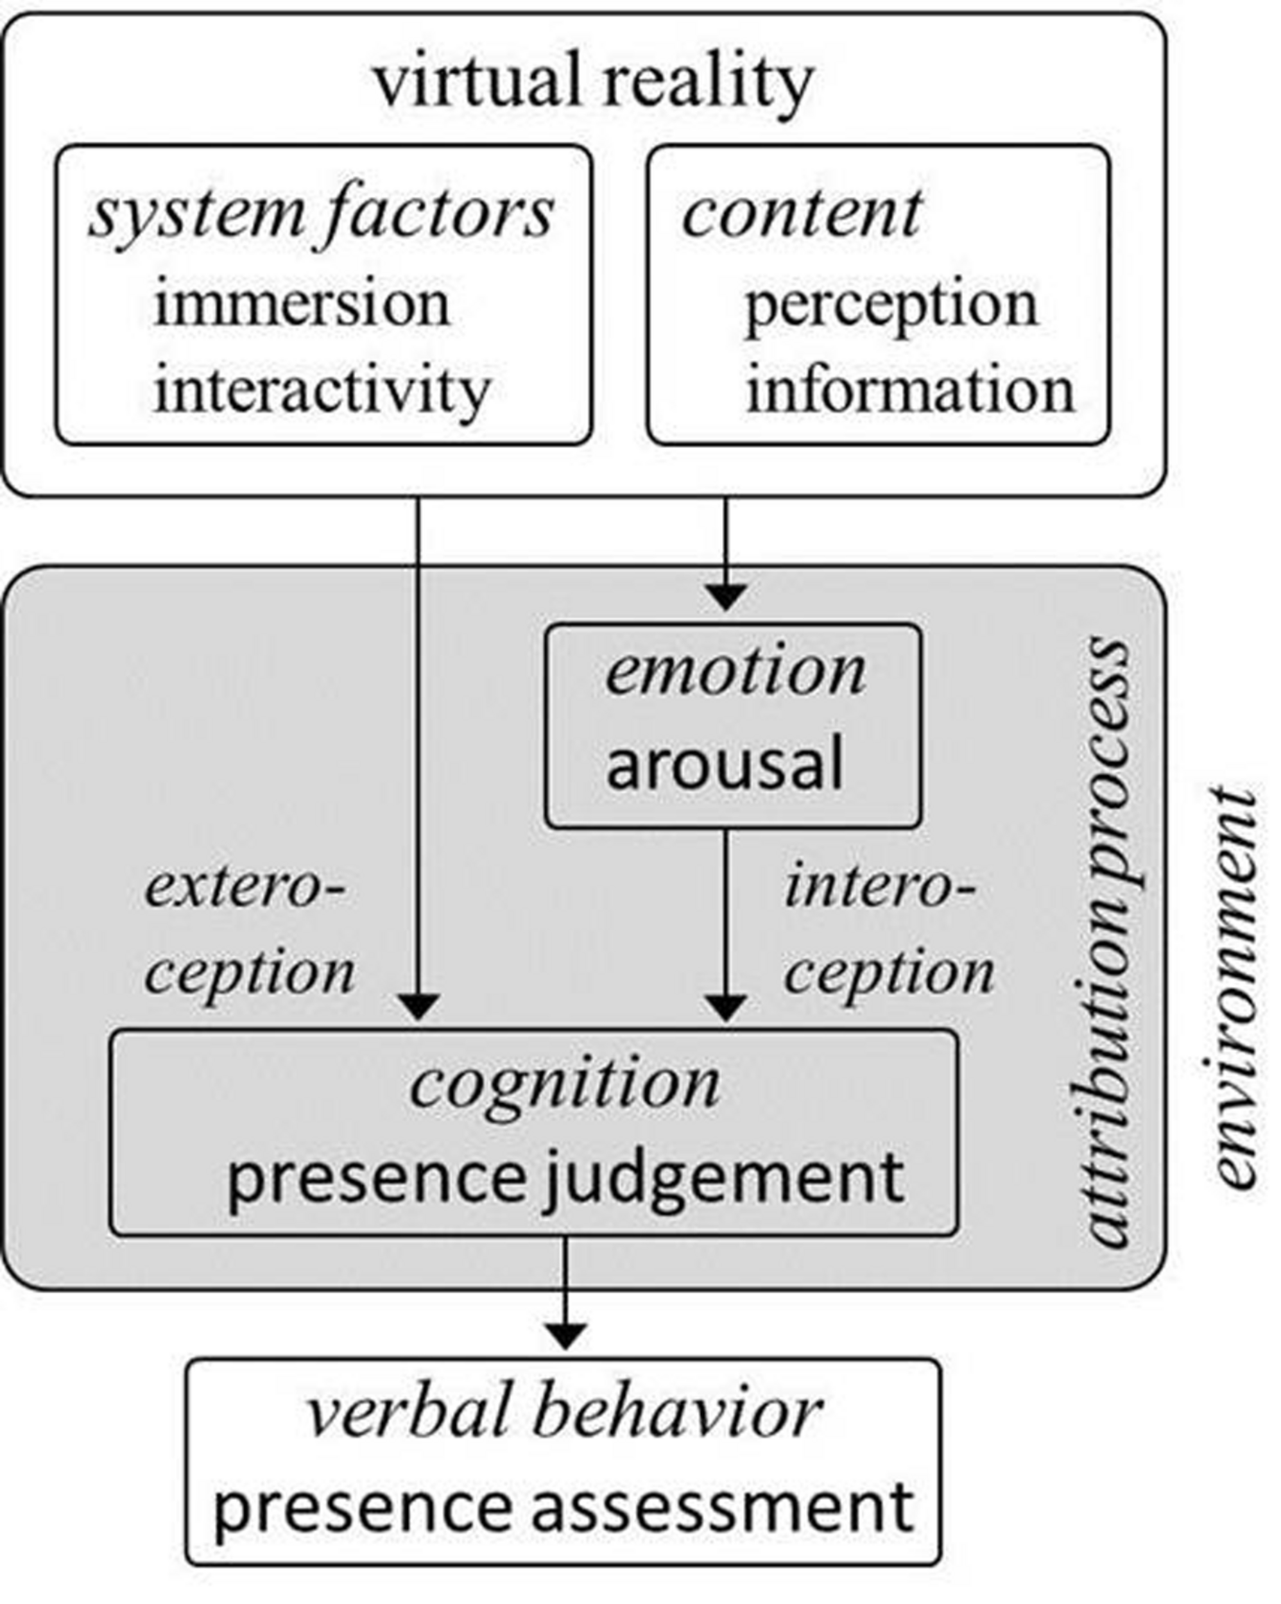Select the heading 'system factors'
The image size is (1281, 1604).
pyautogui.click(x=322, y=213)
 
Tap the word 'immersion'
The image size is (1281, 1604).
pyautogui.click(x=302, y=304)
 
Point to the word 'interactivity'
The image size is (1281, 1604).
pyautogui.click(x=322, y=390)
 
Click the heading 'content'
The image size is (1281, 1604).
pyautogui.click(x=802, y=213)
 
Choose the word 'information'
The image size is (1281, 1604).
pyautogui.click(x=909, y=390)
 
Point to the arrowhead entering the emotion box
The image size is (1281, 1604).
pyautogui.click(x=726, y=597)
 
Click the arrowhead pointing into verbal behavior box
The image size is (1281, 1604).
pyautogui.click(x=565, y=1335)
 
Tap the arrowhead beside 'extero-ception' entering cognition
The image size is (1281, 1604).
pyautogui.click(x=418, y=1007)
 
